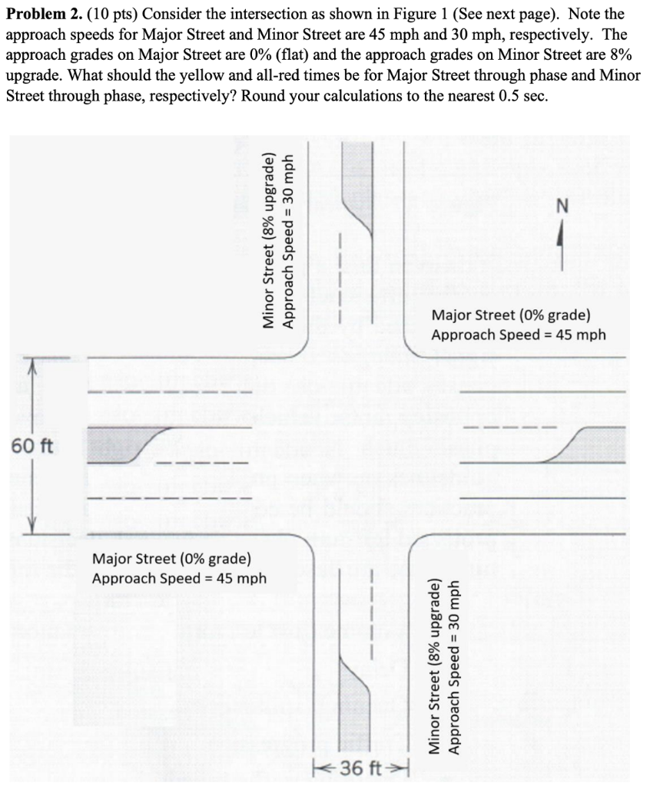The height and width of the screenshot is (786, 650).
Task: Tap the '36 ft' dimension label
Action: pos(361,768)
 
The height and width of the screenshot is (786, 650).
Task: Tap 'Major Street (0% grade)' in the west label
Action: pos(171,559)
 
